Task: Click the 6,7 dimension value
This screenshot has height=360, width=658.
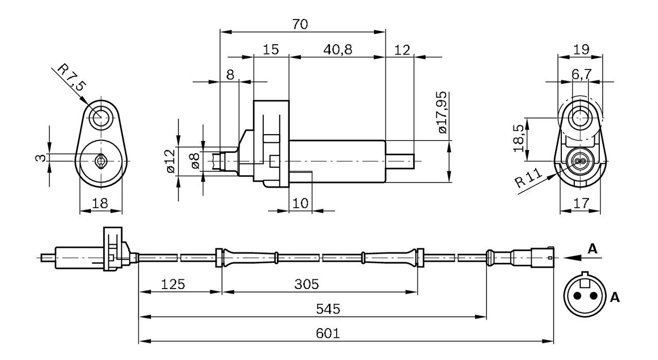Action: tap(581, 75)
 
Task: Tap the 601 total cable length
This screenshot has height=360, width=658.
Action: tap(328, 333)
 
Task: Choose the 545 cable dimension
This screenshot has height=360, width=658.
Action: tap(328, 309)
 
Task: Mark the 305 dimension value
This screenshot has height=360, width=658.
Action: tap(307, 284)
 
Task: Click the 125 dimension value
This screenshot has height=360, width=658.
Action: tap(173, 284)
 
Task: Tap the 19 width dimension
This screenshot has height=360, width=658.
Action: tap(580, 50)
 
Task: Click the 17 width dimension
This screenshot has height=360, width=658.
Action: tap(580, 203)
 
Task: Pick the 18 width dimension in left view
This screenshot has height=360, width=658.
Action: tap(101, 203)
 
